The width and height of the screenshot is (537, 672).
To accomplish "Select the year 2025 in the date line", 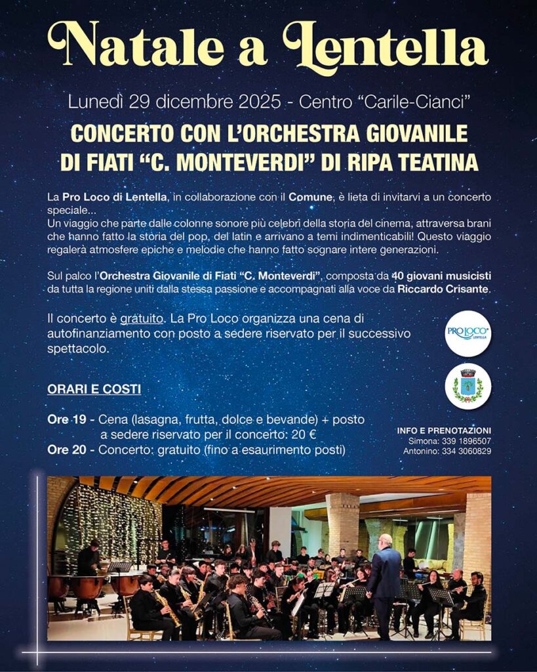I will pos(258,102).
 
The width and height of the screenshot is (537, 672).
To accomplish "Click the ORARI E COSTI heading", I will pos(94,389).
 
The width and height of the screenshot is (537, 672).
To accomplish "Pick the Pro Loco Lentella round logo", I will pos(467,333).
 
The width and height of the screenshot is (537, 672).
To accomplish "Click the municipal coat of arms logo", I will pos(467,386).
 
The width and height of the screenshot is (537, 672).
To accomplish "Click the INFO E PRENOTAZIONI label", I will pos(444,430).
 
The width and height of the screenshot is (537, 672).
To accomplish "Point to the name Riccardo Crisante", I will pos(443,289).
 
